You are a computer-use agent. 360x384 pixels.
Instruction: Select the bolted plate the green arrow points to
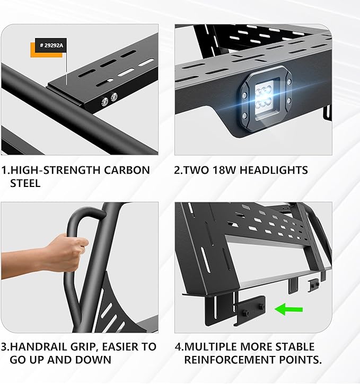(250, 312)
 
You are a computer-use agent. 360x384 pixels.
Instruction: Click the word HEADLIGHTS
(275, 171)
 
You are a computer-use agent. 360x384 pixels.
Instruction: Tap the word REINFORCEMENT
(233, 360)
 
